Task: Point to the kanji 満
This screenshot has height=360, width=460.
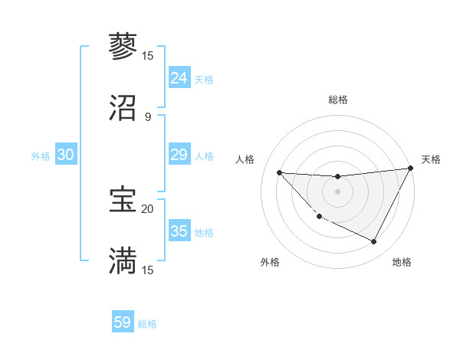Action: tap(123, 261)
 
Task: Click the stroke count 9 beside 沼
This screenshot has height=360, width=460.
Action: tap(148, 116)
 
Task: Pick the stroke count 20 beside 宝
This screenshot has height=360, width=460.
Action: tap(147, 208)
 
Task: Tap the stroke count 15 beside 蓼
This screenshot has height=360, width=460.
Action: tap(147, 55)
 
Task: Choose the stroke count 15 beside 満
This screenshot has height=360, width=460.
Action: tap(147, 270)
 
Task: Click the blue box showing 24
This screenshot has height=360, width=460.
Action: tap(179, 78)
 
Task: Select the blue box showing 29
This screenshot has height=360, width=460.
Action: tap(179, 155)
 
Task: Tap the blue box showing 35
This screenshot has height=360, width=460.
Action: tap(179, 231)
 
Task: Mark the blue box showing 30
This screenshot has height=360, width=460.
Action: tap(65, 155)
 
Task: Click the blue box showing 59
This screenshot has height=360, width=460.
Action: tap(123, 322)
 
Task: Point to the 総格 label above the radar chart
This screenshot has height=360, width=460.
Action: tap(337, 100)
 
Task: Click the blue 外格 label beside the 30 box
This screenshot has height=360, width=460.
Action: tap(41, 155)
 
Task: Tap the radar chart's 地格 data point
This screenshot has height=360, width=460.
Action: tap(374, 242)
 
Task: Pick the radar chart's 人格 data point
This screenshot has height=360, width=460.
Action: tap(279, 172)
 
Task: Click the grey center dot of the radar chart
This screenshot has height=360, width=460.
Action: tap(337, 191)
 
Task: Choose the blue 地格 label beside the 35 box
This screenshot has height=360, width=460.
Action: tap(204, 232)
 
